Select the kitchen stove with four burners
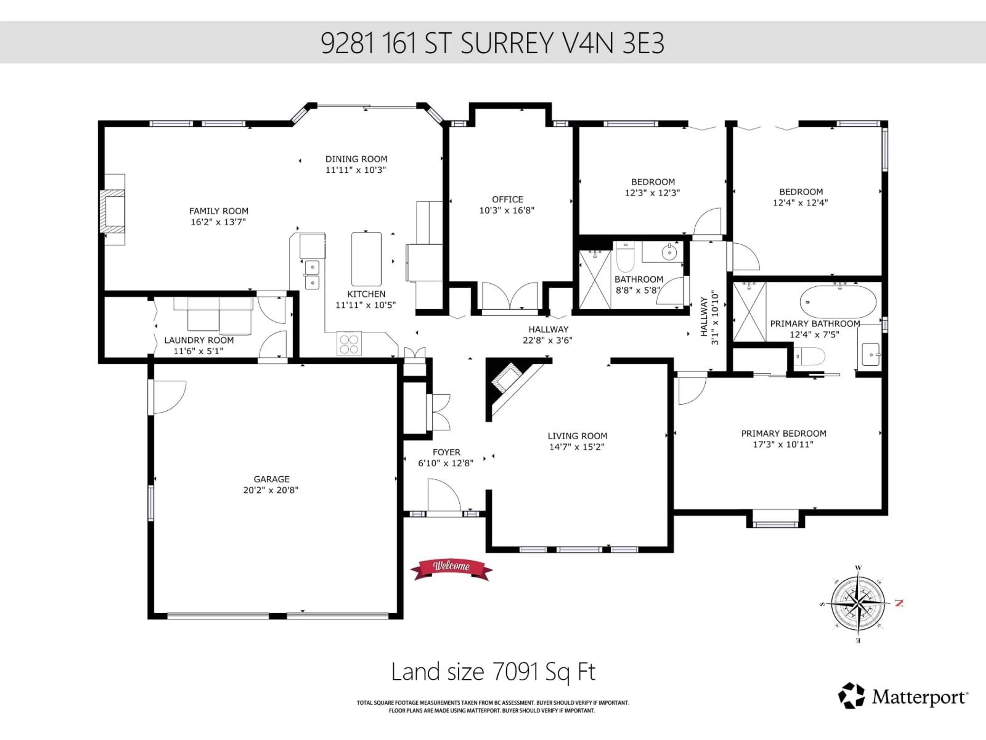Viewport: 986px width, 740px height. [x=349, y=344]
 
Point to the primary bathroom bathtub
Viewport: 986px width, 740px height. [x=838, y=302]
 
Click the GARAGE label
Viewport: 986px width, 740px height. [x=271, y=479]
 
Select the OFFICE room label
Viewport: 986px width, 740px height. [x=507, y=199]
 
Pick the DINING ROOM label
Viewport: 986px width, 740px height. [x=356, y=159]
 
